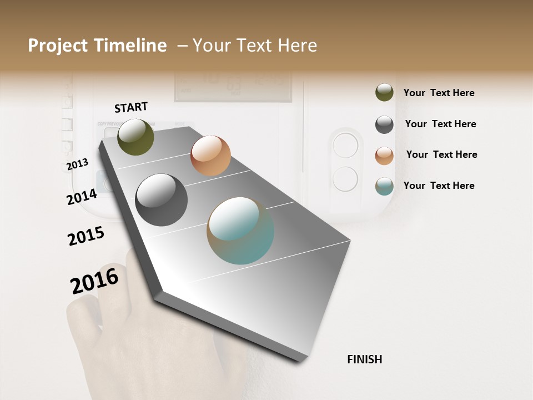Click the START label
(x=131, y=107)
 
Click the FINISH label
(x=364, y=359)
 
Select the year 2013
(x=78, y=164)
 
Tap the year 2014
(x=82, y=197)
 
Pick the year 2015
(x=86, y=236)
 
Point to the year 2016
(x=94, y=281)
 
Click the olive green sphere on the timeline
(x=135, y=137)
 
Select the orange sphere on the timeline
(x=210, y=155)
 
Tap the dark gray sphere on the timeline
(x=161, y=200)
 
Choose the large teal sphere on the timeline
(x=240, y=231)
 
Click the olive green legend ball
(x=384, y=92)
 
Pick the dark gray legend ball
(x=384, y=124)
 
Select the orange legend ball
(x=384, y=156)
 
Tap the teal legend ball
(x=384, y=186)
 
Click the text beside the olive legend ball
(x=439, y=93)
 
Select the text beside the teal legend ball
(x=439, y=186)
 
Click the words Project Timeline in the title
(x=97, y=46)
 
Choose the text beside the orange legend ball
(x=441, y=154)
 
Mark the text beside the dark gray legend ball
(x=440, y=124)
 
